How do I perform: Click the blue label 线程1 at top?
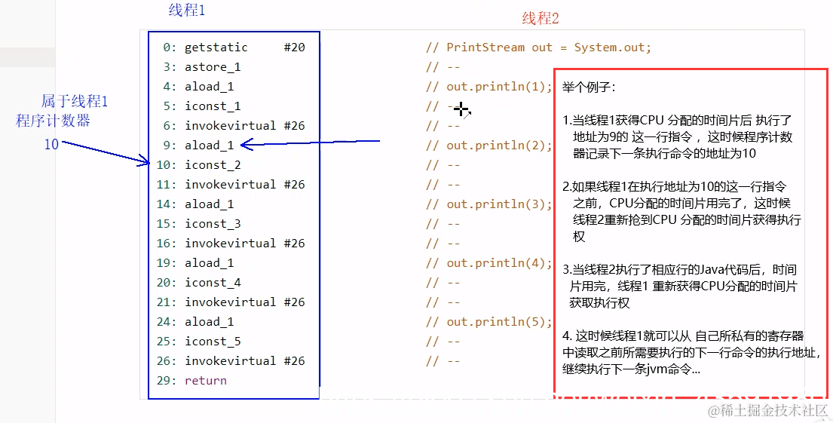(x=186, y=11)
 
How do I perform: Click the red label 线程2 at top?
(x=541, y=19)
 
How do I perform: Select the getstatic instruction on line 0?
(x=216, y=48)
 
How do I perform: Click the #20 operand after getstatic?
(x=294, y=48)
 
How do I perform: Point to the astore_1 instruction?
(x=213, y=67)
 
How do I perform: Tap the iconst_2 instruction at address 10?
(x=213, y=165)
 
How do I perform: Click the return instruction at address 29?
(x=205, y=381)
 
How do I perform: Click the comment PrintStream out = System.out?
(x=548, y=48)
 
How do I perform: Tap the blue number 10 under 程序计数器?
(x=51, y=144)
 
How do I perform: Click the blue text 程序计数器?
(x=53, y=121)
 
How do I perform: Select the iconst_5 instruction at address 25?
(x=213, y=342)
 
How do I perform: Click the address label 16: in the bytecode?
(x=169, y=244)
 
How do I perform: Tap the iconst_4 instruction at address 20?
(x=213, y=283)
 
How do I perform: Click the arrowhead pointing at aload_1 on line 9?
(x=246, y=144)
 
